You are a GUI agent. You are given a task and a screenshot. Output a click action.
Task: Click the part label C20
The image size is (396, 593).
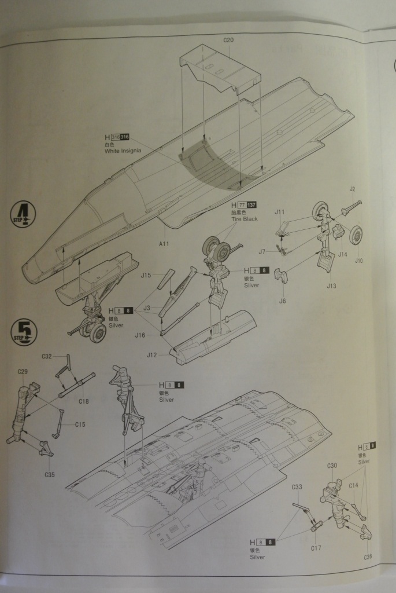[x=228, y=41]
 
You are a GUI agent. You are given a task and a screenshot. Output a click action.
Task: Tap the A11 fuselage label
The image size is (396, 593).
[x=164, y=244]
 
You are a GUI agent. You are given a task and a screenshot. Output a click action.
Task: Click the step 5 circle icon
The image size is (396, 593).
[x=24, y=332]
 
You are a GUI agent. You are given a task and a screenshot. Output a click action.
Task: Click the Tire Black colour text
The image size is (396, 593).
[x=243, y=219]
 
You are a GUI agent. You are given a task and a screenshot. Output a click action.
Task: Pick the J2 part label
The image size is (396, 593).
[x=352, y=189]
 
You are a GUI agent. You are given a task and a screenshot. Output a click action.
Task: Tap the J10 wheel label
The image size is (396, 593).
[x=358, y=261]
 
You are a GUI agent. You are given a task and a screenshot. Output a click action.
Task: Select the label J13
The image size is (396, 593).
[x=331, y=285]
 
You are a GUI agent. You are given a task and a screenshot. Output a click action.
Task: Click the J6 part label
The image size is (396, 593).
[x=283, y=301]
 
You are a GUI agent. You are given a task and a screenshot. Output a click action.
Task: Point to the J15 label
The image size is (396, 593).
[x=146, y=276]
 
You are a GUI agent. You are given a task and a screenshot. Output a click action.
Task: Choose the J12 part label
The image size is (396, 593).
[x=152, y=355]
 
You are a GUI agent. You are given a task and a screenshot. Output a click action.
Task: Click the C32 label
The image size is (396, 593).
[x=47, y=356]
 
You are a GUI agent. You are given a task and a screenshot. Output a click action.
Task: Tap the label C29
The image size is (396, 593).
[x=23, y=371]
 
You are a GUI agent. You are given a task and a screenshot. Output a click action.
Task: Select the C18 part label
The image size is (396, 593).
[x=83, y=401]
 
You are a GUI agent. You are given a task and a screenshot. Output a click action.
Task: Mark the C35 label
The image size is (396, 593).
[x=49, y=475]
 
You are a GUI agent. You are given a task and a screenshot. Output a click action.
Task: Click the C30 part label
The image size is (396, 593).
[x=332, y=466]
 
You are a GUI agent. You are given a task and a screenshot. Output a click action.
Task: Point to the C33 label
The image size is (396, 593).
[x=296, y=487]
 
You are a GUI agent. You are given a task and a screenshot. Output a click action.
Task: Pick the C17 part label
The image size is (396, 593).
[x=316, y=547]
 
